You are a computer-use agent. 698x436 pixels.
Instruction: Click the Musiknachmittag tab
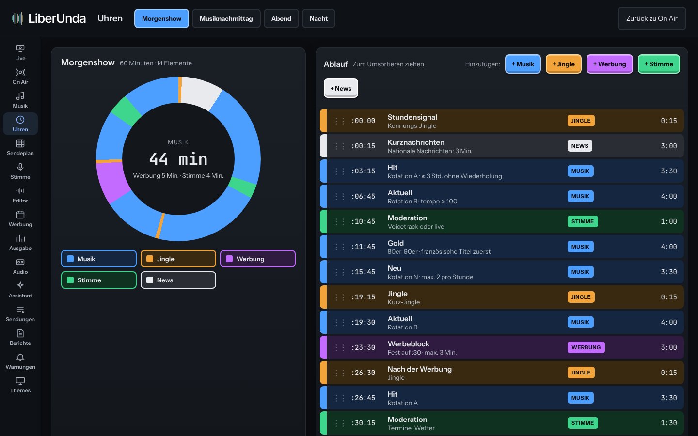click(226, 19)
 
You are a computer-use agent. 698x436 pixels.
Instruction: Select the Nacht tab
click(318, 19)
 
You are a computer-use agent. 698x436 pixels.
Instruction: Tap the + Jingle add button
click(563, 64)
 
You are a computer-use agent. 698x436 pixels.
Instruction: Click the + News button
click(341, 88)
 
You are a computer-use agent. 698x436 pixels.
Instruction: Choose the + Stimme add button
click(659, 64)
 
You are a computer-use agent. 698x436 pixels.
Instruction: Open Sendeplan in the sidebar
click(20, 148)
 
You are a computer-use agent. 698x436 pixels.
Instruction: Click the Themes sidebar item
click(20, 385)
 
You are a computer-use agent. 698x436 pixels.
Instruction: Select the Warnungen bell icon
click(20, 357)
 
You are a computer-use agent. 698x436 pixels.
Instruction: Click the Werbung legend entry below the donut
click(258, 259)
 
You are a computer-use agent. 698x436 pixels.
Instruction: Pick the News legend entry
click(178, 280)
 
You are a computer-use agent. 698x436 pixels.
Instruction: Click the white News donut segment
click(200, 92)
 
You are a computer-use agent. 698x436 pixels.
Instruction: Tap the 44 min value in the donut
click(178, 159)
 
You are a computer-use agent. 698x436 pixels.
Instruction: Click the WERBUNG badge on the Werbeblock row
click(586, 347)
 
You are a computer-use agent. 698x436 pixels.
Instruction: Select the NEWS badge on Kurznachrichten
click(580, 146)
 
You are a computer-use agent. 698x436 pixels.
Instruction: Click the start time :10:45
click(363, 221)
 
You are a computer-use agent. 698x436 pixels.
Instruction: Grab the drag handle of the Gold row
click(339, 247)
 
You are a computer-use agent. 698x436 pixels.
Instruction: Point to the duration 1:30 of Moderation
click(669, 423)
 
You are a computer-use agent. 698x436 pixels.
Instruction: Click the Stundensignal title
click(412, 117)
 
